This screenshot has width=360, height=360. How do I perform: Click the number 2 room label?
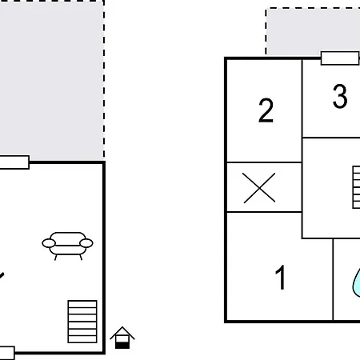(x=266, y=110)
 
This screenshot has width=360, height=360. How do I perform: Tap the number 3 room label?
(x=340, y=96)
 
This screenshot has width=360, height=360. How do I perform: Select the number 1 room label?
(x=281, y=278)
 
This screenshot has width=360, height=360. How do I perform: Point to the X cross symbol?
(x=259, y=188)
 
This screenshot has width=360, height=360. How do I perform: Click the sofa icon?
(x=67, y=246)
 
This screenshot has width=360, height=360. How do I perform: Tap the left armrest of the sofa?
(x=49, y=243)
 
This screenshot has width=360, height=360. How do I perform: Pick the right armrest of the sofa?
(x=86, y=243)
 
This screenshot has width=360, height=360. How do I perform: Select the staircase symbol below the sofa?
(x=82, y=322)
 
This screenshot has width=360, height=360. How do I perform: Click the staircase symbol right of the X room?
(x=356, y=187)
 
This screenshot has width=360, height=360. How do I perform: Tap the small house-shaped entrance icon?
(x=122, y=338)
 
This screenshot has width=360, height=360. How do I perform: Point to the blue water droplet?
(x=357, y=283)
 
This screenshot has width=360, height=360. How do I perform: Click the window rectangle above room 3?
(x=340, y=58)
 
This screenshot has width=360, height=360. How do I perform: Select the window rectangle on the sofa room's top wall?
(x=14, y=162)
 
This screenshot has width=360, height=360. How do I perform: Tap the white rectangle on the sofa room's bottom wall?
(x=7, y=353)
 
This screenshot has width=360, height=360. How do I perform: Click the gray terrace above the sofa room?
(x=52, y=80)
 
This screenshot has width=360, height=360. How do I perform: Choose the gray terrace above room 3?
(x=313, y=31)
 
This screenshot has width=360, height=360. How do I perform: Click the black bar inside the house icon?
(x=122, y=346)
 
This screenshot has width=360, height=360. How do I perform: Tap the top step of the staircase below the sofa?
(x=82, y=304)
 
